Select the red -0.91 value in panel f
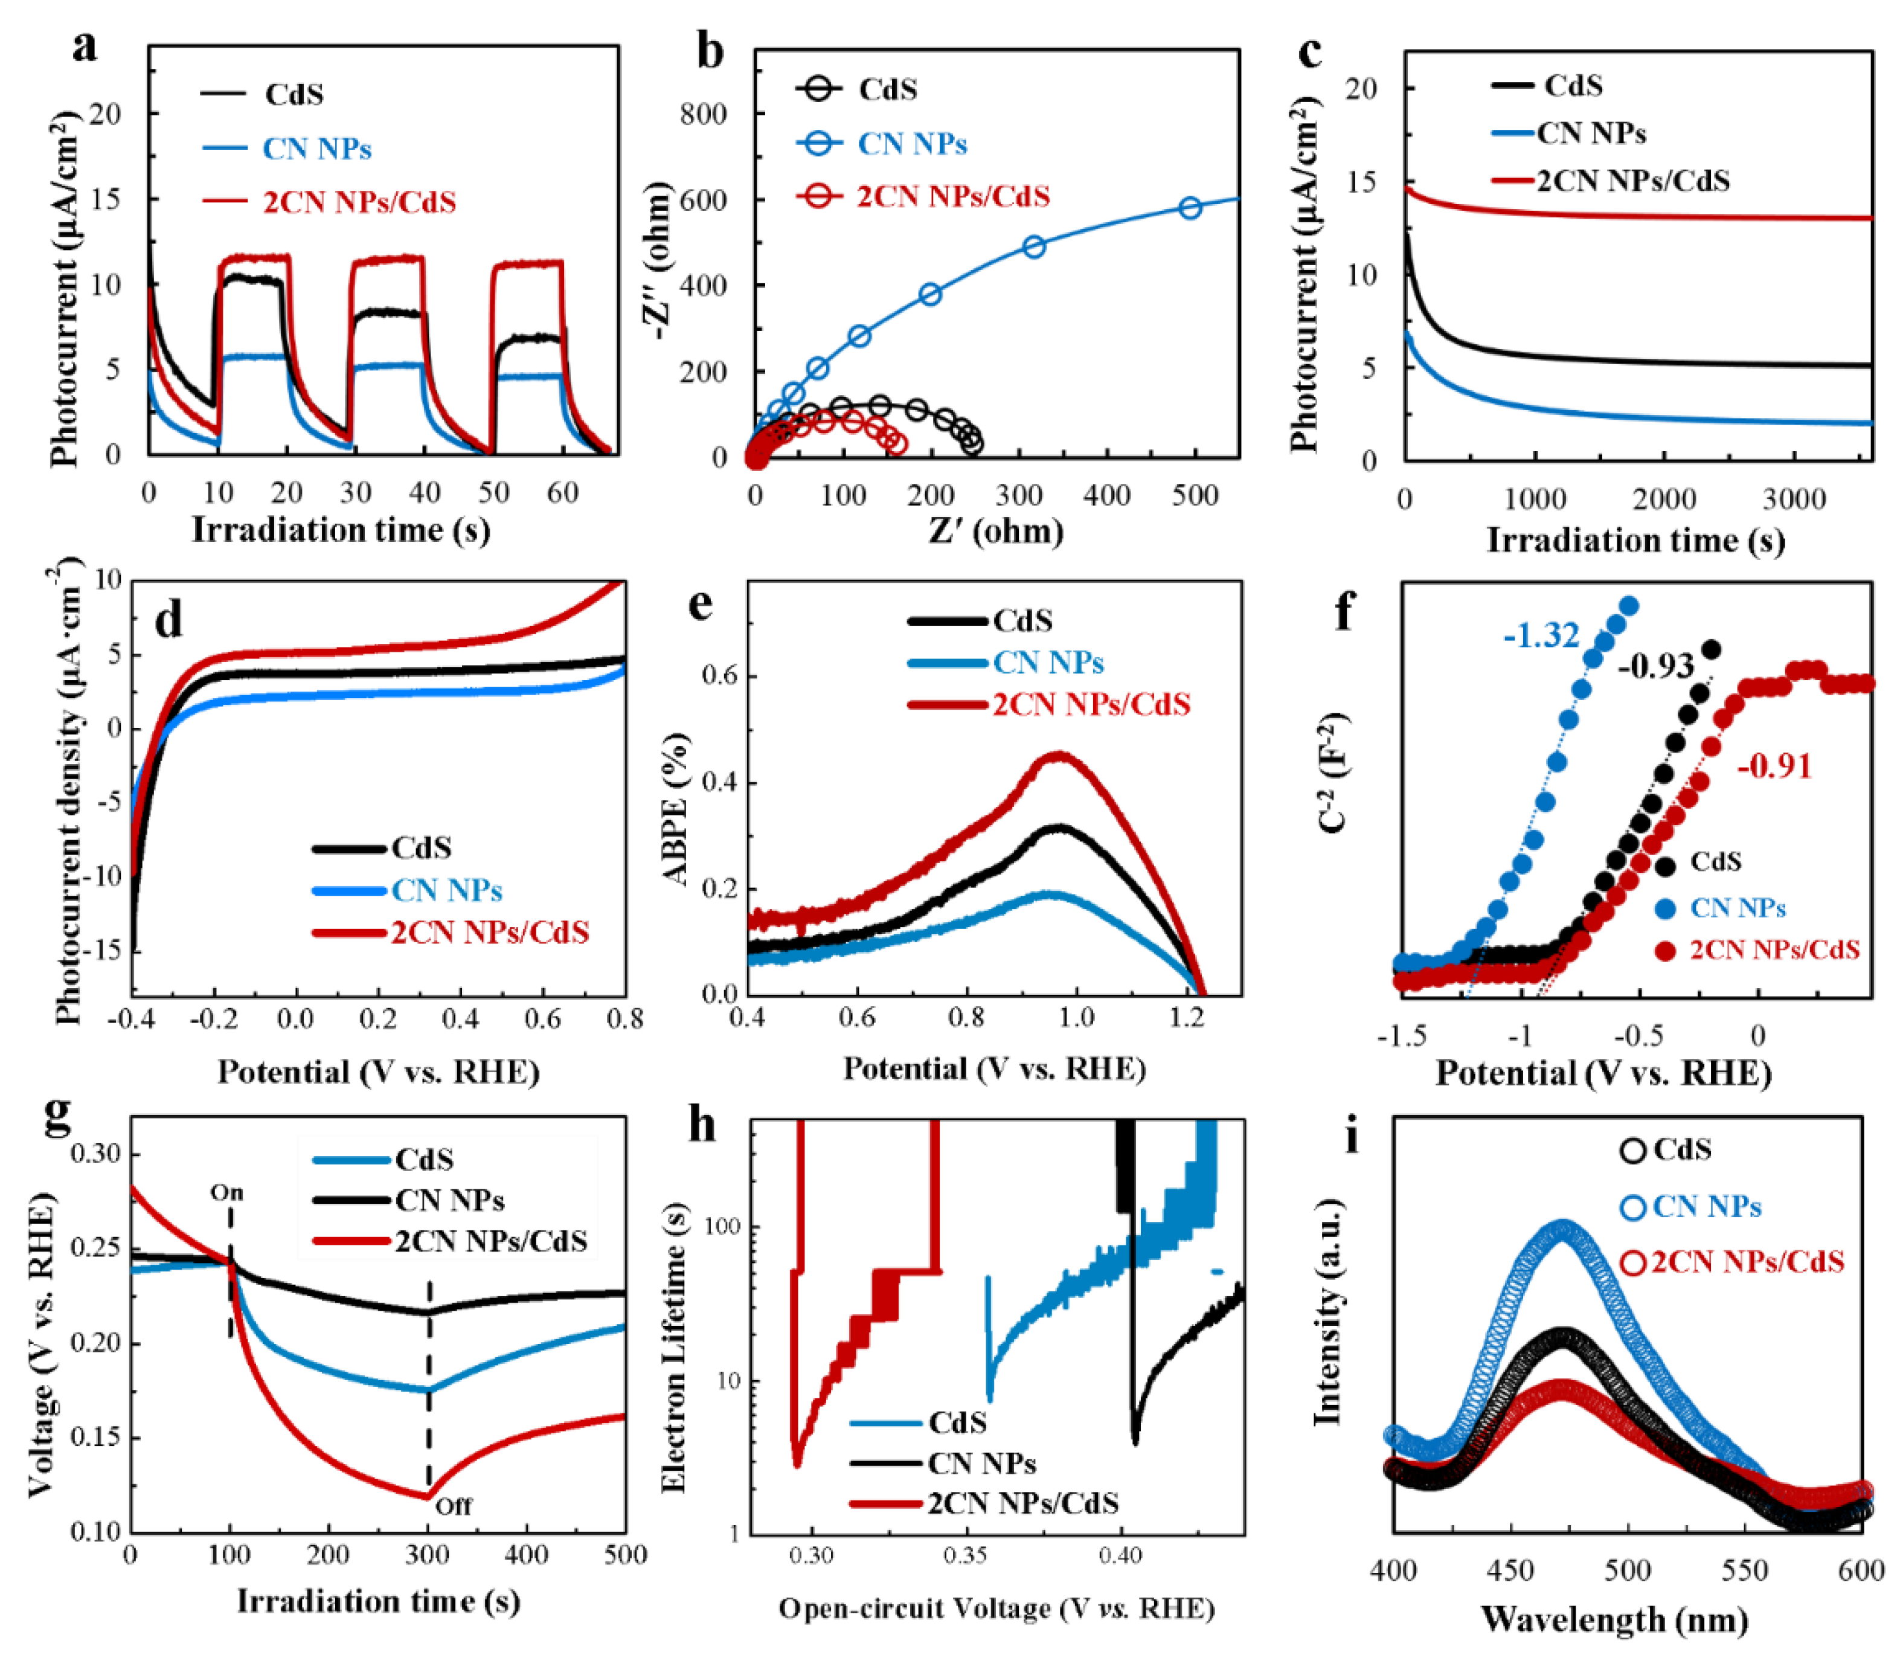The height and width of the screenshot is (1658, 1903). coord(1774,766)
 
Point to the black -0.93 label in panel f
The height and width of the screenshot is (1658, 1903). coord(1656,665)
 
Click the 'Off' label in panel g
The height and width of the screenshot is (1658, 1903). coord(454,1506)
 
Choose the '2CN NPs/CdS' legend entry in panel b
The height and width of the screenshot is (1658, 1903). coord(953,197)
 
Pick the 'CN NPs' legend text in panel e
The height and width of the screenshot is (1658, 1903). coord(1048,663)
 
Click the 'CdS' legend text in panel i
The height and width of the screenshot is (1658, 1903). coord(1682,1150)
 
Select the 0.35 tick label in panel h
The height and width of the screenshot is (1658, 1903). coord(966,1555)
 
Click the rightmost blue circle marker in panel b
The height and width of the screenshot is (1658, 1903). coord(1190,208)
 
